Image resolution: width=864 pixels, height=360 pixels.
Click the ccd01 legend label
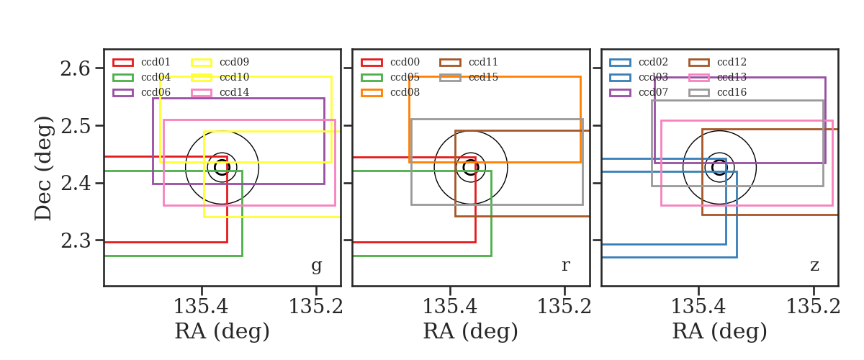pos(156,62)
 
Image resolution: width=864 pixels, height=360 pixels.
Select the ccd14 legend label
pos(234,92)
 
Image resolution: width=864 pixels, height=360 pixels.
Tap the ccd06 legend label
pos(156,92)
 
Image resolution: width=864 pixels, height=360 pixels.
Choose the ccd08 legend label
pos(405,92)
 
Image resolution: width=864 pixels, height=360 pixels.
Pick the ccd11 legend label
pos(483,62)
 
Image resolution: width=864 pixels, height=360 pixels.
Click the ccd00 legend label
pos(405,62)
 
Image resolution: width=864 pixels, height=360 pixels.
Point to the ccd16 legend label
pos(732,92)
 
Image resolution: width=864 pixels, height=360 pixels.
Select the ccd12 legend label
pos(732,62)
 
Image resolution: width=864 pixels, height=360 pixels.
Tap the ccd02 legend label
pos(653,62)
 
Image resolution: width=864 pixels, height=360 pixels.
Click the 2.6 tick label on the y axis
pos(75,68)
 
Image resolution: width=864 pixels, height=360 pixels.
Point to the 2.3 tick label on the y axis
pos(75,240)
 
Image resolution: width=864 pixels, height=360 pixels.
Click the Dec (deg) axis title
pos(42,168)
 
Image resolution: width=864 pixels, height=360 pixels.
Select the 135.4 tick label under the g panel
pos(201,307)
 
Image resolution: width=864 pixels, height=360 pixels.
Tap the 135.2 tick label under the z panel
pos(813,307)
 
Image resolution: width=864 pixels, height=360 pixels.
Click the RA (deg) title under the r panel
pos(471,331)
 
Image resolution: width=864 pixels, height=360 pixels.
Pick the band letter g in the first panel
pos(316,266)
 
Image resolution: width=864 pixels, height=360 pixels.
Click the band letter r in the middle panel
pos(565,265)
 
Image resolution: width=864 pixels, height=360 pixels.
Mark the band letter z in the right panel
pos(814,266)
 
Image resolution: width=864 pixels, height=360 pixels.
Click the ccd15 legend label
pos(483,77)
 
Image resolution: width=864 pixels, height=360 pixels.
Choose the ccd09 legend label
pos(234,62)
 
